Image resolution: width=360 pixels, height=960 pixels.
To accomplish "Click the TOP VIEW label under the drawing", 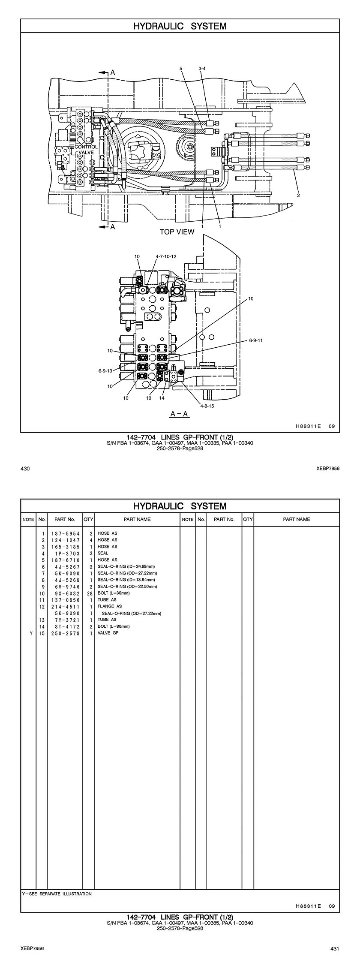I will (177, 232).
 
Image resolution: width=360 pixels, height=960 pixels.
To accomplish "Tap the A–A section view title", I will (180, 414).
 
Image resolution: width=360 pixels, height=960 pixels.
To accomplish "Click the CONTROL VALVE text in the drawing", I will (86, 150).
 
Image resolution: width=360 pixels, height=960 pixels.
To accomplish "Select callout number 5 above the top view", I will (181, 69).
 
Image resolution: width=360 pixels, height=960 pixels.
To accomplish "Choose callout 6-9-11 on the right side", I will (255, 340).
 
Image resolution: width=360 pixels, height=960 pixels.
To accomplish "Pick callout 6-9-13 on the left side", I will (105, 371).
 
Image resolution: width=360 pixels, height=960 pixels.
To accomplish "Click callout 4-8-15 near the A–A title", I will (207, 406).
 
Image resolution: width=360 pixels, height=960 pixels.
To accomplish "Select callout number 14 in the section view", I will (162, 398).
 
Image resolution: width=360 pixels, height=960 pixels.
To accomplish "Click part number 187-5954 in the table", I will (65, 533).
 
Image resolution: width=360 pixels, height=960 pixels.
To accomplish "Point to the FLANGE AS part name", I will (110, 606).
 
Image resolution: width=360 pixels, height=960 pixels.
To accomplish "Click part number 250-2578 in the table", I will (65, 633).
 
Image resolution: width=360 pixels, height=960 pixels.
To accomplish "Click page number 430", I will (25, 469).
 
